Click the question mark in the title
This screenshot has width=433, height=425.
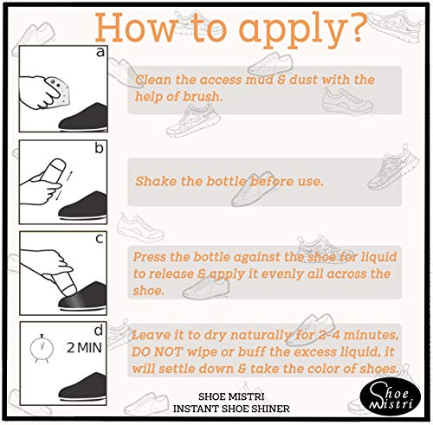(x=355, y=28)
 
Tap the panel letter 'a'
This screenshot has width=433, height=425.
(x=100, y=52)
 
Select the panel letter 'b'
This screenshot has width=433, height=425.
(x=99, y=148)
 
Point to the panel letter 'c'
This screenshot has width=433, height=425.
(x=100, y=239)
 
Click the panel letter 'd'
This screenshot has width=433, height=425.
(x=99, y=331)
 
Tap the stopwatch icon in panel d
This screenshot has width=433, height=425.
(x=42, y=348)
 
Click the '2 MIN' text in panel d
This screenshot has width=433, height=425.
(x=84, y=348)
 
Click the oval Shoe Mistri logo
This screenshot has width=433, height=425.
(x=391, y=398)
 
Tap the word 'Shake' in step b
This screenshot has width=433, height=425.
(x=156, y=181)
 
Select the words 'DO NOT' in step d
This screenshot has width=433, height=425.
(x=158, y=352)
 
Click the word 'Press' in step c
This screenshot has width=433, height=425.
(x=149, y=257)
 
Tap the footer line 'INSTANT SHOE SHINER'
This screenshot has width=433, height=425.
(x=231, y=409)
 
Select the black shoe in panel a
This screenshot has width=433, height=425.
(x=83, y=117)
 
